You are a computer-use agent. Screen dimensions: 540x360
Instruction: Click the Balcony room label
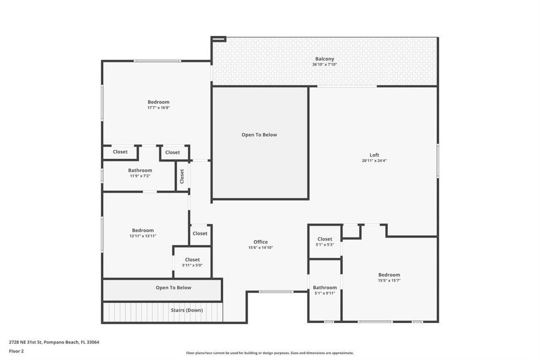click(325, 59)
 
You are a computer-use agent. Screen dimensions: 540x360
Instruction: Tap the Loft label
click(374, 155)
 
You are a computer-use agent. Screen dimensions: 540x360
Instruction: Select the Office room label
click(260, 242)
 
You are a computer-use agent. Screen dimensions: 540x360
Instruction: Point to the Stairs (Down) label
click(187, 310)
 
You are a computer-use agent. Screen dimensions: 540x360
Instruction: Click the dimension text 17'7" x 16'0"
click(158, 108)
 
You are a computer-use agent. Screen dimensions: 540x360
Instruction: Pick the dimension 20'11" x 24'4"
click(374, 161)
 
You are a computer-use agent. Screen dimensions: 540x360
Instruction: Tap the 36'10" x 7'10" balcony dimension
click(325, 64)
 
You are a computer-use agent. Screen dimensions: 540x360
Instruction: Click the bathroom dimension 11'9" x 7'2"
click(140, 176)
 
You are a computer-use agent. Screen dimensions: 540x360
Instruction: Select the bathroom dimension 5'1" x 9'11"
click(325, 293)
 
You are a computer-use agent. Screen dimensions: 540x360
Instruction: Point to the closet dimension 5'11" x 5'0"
click(192, 265)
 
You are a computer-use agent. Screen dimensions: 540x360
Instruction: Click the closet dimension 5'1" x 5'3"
click(325, 245)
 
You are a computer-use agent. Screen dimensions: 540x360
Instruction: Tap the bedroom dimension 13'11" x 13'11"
click(143, 236)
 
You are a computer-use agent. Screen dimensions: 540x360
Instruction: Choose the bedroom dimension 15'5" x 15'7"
click(389, 280)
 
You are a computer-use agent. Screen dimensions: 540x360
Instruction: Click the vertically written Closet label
click(182, 176)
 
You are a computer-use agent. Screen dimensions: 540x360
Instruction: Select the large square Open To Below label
click(259, 134)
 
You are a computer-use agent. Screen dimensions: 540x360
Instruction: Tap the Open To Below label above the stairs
click(173, 287)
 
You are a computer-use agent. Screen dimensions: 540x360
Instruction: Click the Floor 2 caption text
click(16, 352)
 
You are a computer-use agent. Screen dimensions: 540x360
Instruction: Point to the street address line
click(54, 342)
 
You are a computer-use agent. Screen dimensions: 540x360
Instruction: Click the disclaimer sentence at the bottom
click(269, 353)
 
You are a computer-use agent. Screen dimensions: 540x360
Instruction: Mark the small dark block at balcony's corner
click(218, 39)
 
